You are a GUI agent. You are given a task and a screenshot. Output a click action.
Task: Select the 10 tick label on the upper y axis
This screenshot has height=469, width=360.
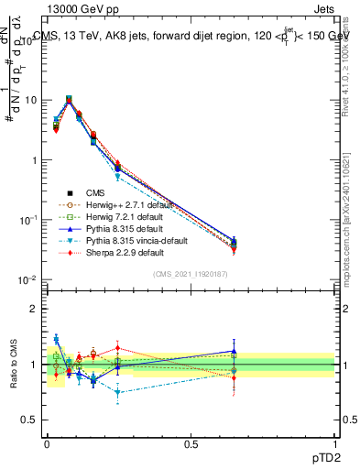[29, 100]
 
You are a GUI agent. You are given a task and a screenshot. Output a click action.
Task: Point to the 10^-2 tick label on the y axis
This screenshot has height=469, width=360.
[27, 279]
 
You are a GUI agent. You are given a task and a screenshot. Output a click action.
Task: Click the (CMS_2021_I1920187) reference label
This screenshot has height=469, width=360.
[191, 273]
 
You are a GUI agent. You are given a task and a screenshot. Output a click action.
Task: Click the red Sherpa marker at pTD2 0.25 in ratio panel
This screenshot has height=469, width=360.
[117, 348]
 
